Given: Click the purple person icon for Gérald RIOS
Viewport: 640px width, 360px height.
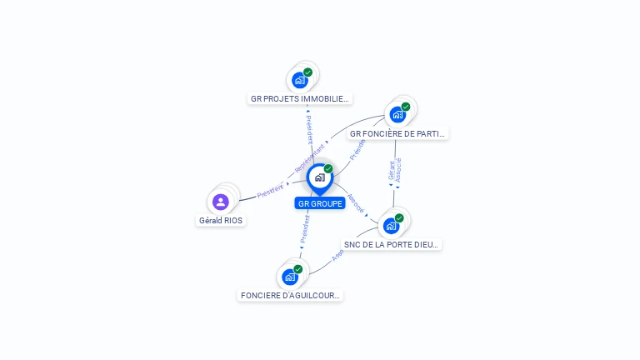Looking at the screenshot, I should [x=221, y=202].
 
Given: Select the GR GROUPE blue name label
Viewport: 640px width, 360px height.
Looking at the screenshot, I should [x=320, y=203].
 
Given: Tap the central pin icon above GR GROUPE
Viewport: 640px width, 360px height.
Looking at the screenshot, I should [x=319, y=177].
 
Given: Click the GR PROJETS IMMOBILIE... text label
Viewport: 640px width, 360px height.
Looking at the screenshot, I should [x=300, y=98].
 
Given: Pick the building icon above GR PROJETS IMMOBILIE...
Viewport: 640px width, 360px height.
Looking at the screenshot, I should [x=300, y=81].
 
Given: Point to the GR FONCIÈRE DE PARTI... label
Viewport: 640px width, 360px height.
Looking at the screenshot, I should [x=397, y=133].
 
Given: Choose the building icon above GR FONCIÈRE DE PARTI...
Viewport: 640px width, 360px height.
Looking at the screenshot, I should [x=397, y=114].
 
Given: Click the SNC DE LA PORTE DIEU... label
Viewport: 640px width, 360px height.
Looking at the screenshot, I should [x=391, y=244].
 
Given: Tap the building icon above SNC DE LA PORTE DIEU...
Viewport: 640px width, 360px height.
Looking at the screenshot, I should [x=391, y=225].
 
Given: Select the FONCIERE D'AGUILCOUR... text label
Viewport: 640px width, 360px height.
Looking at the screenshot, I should [x=290, y=295].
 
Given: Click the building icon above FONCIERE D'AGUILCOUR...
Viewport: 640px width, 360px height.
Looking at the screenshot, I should [x=290, y=277].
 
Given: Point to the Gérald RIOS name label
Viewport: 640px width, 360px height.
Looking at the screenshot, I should [x=221, y=221].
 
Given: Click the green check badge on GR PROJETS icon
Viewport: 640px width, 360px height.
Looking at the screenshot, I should [x=308, y=72].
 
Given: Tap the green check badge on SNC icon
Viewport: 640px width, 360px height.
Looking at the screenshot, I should [x=399, y=217].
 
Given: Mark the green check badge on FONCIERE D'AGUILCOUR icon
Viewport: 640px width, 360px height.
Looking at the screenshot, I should [x=298, y=269].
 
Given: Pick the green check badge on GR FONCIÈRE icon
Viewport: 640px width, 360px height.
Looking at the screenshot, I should [x=406, y=107].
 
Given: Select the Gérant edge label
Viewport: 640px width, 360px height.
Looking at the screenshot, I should [x=391, y=171].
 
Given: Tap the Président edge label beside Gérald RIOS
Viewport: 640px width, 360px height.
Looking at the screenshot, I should [x=270, y=190].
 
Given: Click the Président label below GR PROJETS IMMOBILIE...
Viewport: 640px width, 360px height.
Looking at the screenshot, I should [x=309, y=129].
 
